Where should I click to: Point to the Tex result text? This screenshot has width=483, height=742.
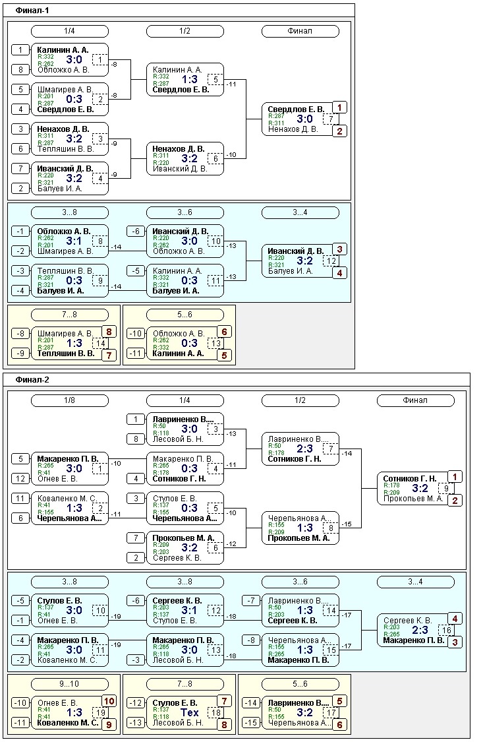pos(190,712)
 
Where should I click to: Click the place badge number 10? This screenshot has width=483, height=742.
pos(108,701)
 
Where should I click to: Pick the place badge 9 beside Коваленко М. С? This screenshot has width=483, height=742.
pos(108,724)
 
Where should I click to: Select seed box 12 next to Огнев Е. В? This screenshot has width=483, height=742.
pos(20,479)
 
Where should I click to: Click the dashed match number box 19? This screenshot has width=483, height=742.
pos(100,712)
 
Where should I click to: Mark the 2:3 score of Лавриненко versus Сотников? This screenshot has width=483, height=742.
pos(306,448)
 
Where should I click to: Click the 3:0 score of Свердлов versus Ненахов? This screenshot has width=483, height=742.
pos(305,119)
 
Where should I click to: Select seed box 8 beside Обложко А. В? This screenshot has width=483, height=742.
pos(20,69)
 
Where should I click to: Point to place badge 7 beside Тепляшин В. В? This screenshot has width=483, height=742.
pos(108,355)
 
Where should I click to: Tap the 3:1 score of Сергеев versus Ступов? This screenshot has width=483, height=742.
pos(190,610)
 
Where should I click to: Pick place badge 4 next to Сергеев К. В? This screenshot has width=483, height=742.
pos(455,619)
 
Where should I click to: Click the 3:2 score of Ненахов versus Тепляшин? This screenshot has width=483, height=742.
pos(74,139)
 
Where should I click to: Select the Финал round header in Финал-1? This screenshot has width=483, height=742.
pos(300,31)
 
